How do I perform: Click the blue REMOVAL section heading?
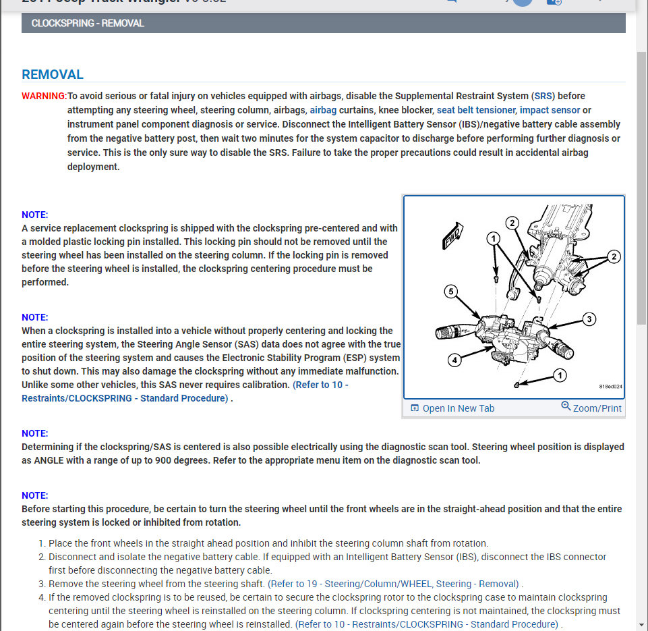pyautogui.click(x=53, y=74)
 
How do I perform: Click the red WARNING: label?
pyautogui.click(x=44, y=96)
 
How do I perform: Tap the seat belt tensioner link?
pyautogui.click(x=476, y=110)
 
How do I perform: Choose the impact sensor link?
pyautogui.click(x=550, y=110)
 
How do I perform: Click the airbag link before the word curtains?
pyautogui.click(x=322, y=110)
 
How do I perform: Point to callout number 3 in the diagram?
pyautogui.click(x=589, y=319)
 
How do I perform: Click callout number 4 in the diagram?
pyautogui.click(x=455, y=360)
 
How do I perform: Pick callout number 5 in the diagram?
pyautogui.click(x=451, y=292)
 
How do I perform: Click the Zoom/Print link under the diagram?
pyautogui.click(x=591, y=408)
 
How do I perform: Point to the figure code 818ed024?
pyautogui.click(x=610, y=387)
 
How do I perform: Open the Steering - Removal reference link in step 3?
pyautogui.click(x=394, y=584)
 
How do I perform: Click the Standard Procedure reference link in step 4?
pyautogui.click(x=428, y=624)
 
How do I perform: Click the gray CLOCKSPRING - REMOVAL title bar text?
pyautogui.click(x=88, y=23)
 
